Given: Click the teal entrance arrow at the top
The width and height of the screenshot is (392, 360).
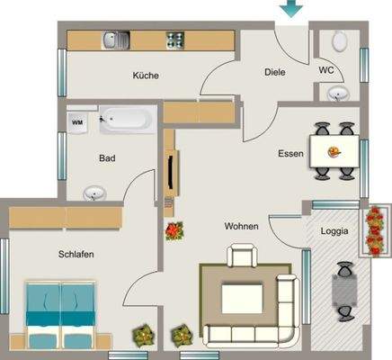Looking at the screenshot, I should pos(290,9).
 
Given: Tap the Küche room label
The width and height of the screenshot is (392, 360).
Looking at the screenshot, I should pos(145,76).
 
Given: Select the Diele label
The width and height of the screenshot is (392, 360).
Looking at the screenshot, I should pos(275,71).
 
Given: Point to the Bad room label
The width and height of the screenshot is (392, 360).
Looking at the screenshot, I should pos(107,158).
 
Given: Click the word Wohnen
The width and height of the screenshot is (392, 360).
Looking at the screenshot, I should pos(242,227).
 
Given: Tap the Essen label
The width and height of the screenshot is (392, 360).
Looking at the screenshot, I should pos(290,154).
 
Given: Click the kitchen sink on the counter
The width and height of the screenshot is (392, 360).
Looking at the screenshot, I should pos(115,40).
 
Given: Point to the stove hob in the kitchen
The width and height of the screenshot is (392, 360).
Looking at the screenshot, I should pos(174,40).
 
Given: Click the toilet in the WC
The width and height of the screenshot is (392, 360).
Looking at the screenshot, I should pos(340,40).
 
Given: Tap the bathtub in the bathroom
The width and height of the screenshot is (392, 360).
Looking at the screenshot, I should pos(129,118).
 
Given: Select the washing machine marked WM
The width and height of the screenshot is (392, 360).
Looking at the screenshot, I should pos(77,121).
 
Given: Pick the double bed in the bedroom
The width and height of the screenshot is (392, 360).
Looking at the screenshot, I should pos(60,313).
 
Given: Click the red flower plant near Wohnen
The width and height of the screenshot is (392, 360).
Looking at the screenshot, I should pos(173,230).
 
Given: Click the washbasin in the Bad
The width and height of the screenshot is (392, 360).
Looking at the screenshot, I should pos(94,193).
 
